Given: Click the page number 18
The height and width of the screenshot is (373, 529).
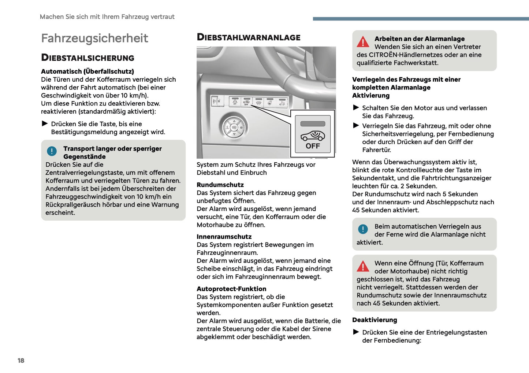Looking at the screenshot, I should pyautogui.click(x=21, y=361).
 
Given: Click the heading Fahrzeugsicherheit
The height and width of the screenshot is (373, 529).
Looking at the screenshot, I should pyautogui.click(x=94, y=38).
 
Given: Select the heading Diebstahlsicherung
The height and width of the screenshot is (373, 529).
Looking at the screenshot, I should pyautogui.click(x=87, y=58).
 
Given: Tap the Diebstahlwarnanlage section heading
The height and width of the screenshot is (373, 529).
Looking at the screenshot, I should pyautogui.click(x=248, y=37).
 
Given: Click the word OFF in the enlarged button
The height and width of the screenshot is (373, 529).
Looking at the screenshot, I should pyautogui.click(x=313, y=146).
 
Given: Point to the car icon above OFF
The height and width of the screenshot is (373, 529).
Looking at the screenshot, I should pyautogui.click(x=313, y=136).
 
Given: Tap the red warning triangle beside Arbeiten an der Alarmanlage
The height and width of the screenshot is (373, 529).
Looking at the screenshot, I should pyautogui.click(x=363, y=42).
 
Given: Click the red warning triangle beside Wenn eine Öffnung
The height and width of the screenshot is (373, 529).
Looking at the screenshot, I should pyautogui.click(x=363, y=266).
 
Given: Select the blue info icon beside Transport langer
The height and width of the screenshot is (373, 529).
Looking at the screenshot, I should pyautogui.click(x=52, y=151).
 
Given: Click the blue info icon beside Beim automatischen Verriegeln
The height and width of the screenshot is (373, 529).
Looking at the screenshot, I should pyautogui.click(x=363, y=229).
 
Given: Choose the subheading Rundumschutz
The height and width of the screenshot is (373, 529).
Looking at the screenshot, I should pyautogui.click(x=220, y=185).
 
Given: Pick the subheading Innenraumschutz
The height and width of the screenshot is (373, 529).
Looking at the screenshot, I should pyautogui.click(x=224, y=237).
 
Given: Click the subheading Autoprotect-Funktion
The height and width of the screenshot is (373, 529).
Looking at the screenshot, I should pyautogui.click(x=231, y=289).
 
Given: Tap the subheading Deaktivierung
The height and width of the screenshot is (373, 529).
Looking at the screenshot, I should pyautogui.click(x=375, y=320).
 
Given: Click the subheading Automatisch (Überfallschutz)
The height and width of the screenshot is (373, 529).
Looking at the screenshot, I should pyautogui.click(x=87, y=71).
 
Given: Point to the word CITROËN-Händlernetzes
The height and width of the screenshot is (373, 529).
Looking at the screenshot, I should pyautogui.click(x=404, y=55).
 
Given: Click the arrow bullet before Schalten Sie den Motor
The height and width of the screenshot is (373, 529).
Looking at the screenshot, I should pyautogui.click(x=356, y=108).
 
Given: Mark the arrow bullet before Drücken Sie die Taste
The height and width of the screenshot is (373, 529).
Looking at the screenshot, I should pyautogui.click(x=45, y=124).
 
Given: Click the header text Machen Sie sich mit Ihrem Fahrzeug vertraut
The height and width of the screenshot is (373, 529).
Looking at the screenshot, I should pyautogui.click(x=107, y=17).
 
